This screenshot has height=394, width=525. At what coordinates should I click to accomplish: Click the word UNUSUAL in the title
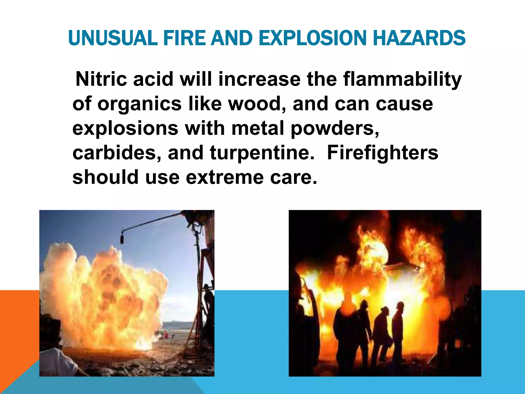[x=113, y=38]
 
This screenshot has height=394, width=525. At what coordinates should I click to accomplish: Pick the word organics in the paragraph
[x=139, y=104]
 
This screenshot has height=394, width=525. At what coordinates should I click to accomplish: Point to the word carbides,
[x=117, y=153]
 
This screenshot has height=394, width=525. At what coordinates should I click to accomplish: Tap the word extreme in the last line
[x=225, y=177]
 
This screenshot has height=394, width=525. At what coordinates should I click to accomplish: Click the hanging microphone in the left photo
[x=122, y=237]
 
